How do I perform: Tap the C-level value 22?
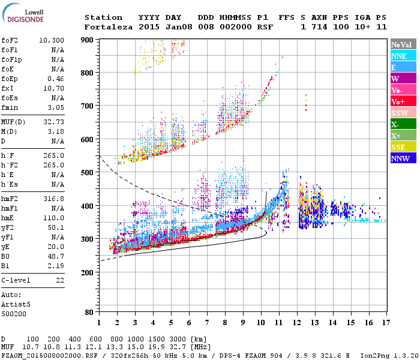click(59, 280)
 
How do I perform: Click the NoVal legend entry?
click(403, 44)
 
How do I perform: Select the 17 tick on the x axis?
click(385, 322)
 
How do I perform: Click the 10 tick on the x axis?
click(261, 322)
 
